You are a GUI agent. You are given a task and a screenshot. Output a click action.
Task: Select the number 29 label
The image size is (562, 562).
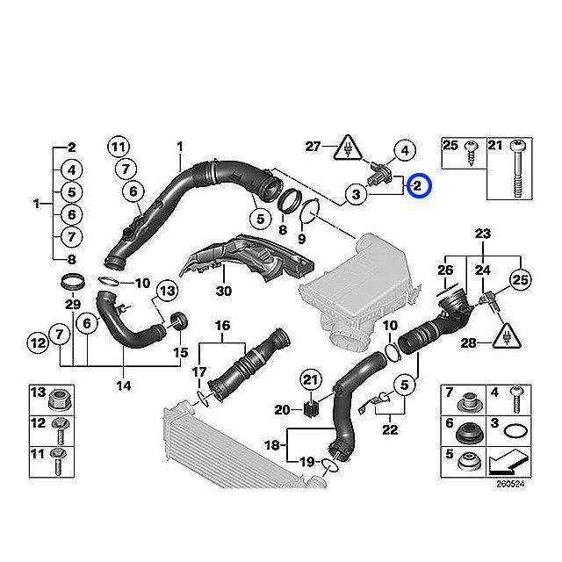[x=73, y=304]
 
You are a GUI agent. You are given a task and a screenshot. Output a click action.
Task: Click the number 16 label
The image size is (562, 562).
[x=223, y=326]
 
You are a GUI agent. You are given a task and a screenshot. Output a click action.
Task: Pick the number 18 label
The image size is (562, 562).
[x=271, y=446]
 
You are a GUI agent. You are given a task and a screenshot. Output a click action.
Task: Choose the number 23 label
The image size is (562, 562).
[x=481, y=234]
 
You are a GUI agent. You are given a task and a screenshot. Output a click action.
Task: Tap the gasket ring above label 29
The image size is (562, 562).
[x=74, y=283]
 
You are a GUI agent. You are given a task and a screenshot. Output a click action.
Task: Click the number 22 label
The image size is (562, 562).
[x=390, y=429]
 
